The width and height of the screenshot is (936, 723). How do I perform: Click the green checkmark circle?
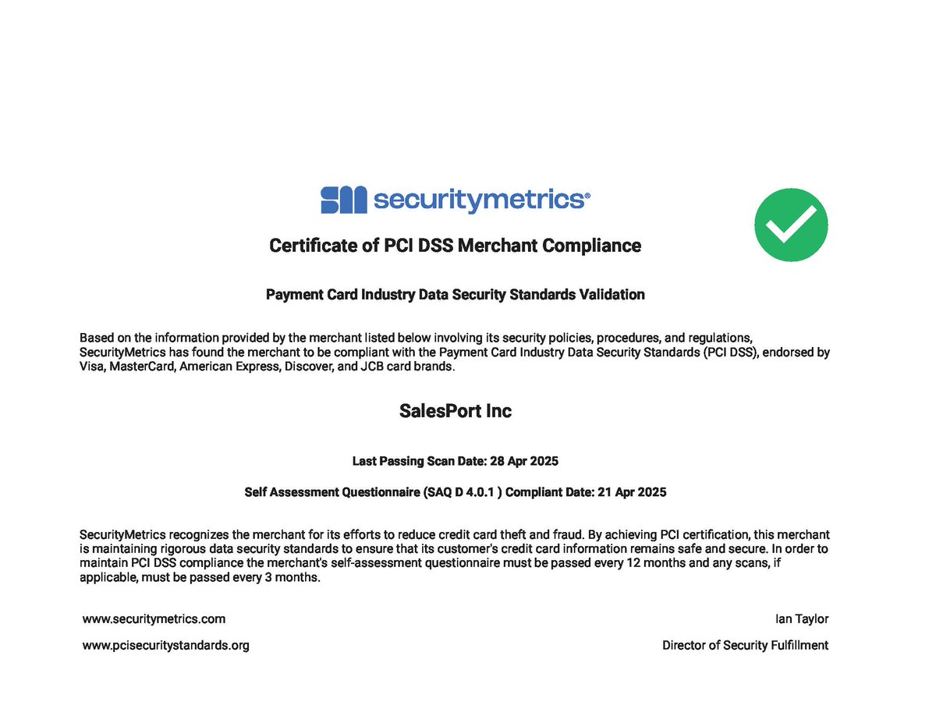coord(791,225)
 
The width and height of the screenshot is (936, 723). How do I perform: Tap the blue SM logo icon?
coord(343,200)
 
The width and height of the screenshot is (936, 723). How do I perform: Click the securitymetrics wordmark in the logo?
coord(480,200)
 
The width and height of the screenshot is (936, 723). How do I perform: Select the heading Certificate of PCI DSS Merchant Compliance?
coord(455,246)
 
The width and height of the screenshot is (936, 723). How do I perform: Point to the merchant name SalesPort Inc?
coord(456,411)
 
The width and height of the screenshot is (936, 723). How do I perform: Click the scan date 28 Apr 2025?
coord(524,461)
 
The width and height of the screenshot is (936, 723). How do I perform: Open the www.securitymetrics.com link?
coord(154,618)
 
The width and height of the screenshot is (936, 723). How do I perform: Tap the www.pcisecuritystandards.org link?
coord(166,645)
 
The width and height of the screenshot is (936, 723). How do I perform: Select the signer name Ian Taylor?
coord(802,618)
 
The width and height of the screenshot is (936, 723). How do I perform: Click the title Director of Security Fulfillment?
coord(745,645)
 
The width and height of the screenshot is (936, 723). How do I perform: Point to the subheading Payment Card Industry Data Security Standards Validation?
coord(455,295)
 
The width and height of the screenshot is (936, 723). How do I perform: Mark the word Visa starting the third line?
coord(92,367)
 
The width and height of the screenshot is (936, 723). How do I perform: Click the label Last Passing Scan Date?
coord(420,461)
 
